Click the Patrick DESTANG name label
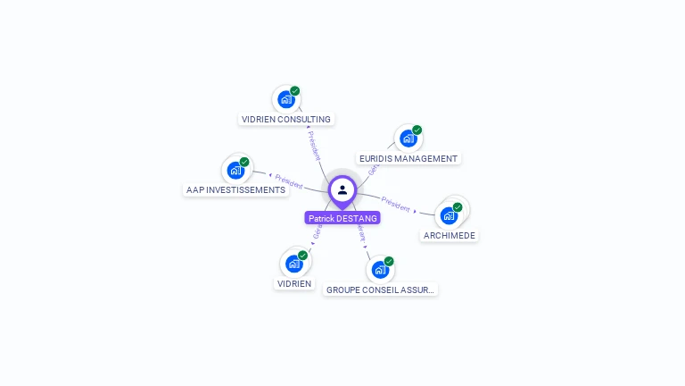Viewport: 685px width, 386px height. (x=342, y=218)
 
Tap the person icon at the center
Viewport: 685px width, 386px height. (x=342, y=189)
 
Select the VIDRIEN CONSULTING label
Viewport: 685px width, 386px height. (x=286, y=119)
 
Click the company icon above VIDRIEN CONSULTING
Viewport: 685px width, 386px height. (x=285, y=99)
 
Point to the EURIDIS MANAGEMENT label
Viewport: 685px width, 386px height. (x=409, y=158)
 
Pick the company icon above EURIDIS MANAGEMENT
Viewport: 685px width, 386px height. (x=408, y=138)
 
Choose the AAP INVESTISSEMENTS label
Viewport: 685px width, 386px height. (x=235, y=189)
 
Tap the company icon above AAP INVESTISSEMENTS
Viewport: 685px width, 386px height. (x=235, y=170)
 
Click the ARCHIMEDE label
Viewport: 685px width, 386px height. (x=450, y=235)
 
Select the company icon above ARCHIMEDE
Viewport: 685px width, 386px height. (x=449, y=215)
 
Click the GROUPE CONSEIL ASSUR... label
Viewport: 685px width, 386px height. (x=381, y=289)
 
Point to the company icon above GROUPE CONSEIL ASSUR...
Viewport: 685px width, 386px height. (x=380, y=270)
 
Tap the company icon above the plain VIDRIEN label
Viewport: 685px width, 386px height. (x=294, y=264)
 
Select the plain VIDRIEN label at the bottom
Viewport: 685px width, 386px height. (x=294, y=283)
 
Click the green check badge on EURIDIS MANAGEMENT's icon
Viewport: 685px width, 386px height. (x=417, y=130)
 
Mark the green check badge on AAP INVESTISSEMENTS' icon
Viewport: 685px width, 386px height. (x=244, y=162)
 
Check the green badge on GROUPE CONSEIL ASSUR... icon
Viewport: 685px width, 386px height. (x=389, y=262)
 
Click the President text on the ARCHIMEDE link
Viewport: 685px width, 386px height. (x=395, y=203)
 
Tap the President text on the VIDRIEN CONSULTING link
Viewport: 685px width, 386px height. (x=313, y=145)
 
